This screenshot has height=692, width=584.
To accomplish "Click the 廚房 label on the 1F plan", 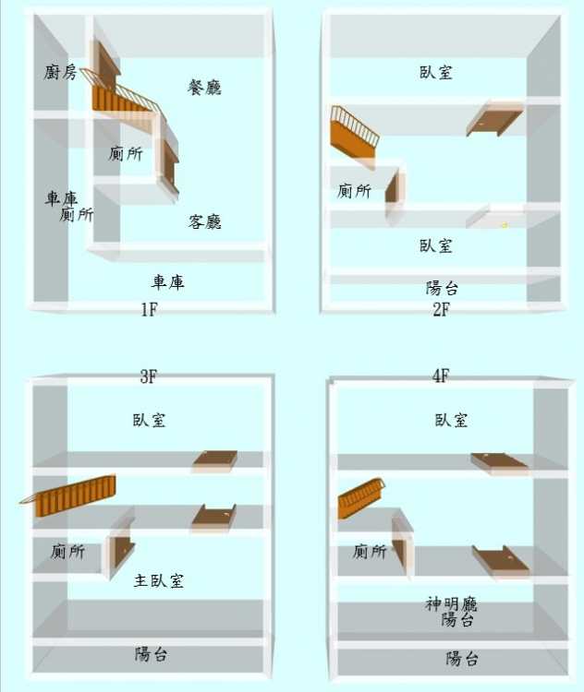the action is [60, 72].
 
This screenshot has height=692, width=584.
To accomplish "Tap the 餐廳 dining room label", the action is [204, 88].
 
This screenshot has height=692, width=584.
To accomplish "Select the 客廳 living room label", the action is [204, 221].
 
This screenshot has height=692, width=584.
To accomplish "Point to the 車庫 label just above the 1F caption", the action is [167, 281].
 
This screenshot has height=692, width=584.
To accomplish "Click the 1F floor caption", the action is [149, 309].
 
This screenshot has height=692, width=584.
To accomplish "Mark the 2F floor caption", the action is [441, 309].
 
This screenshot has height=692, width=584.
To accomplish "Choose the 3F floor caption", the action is [149, 376].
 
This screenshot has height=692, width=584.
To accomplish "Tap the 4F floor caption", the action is [441, 376].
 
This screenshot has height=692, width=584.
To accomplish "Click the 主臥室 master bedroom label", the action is [158, 580].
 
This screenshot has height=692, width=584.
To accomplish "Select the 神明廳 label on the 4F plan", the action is [451, 603].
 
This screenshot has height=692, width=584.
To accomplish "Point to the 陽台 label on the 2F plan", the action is [442, 288].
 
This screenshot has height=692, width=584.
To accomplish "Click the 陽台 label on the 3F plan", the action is [152, 654].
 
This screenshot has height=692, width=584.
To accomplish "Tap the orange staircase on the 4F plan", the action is [360, 498].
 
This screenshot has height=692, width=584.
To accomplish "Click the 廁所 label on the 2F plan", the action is [354, 191].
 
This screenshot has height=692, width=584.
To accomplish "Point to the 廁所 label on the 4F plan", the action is [370, 551].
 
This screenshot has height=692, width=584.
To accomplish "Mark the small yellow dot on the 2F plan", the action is [504, 225].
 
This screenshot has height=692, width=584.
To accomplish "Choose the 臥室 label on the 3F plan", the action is [150, 420].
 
